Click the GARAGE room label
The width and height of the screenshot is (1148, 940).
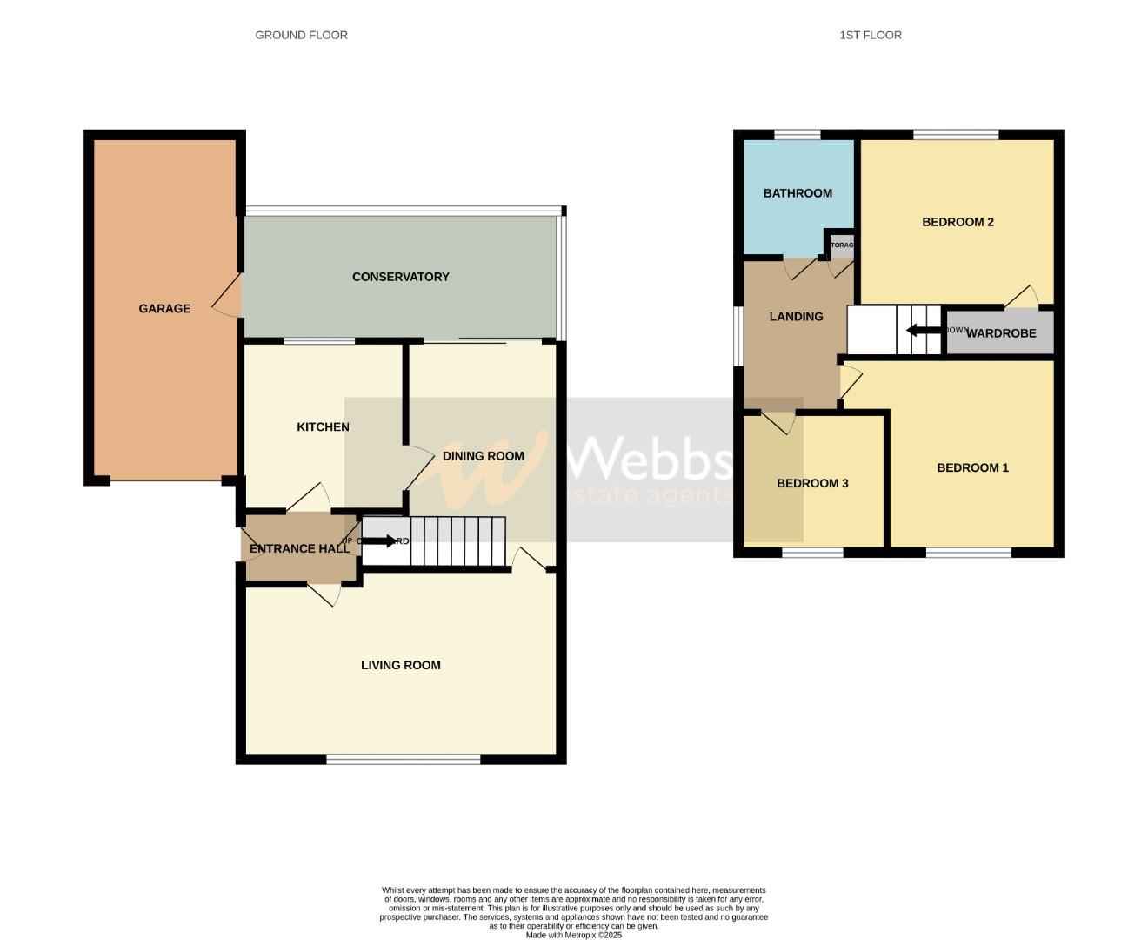pos(164,308)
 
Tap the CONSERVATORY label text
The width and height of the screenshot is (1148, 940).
pos(400,277)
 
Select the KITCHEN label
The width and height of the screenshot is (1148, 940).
pos(323,426)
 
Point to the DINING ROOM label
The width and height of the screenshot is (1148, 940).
pos(483,455)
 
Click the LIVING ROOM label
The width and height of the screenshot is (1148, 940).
pos(400,665)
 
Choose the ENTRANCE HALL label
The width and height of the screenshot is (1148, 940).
pos(299,548)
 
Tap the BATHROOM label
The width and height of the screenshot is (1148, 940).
pos(798,193)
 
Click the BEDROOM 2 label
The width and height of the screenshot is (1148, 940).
pos(958,222)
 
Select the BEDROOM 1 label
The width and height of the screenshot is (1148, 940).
pos(972,467)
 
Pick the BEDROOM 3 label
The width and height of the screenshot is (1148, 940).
pos(812,483)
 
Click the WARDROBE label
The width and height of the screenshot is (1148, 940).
pos(1001,333)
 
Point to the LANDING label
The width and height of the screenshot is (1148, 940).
pos(796,317)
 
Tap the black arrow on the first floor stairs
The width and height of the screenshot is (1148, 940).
pos(923,330)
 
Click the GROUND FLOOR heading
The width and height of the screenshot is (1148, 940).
pos(301,35)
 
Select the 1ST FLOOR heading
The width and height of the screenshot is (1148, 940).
pos(870,35)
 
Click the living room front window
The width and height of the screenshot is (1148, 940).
pos(403,760)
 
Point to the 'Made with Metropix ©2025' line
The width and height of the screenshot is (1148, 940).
pos(573,935)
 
